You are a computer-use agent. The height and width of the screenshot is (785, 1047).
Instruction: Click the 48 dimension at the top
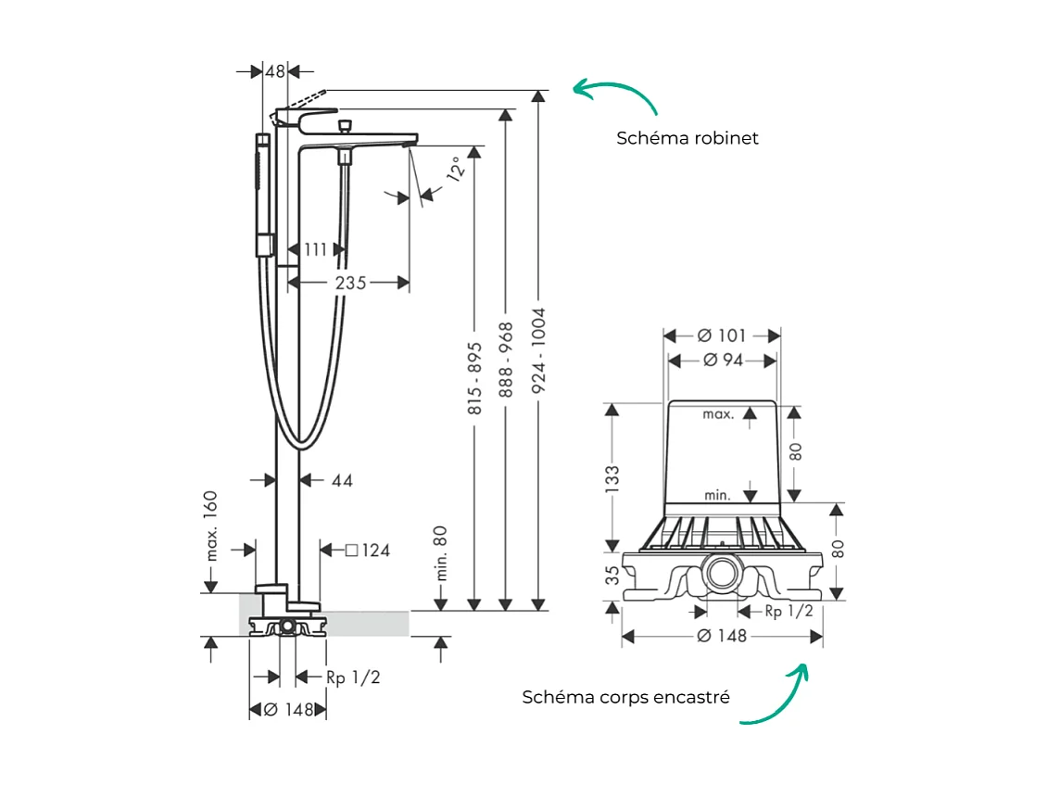pos(275,70)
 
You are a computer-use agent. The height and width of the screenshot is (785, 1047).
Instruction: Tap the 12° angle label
pos(453,170)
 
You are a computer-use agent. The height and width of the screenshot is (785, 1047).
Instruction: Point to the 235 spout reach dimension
pos(350,283)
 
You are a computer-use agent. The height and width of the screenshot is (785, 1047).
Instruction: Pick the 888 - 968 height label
pos(505,360)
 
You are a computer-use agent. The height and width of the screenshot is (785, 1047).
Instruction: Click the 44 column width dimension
pos(342,480)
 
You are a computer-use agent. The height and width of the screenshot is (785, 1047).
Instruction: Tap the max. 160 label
pos(211,525)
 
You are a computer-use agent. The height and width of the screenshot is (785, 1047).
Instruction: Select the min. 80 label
pos(441,553)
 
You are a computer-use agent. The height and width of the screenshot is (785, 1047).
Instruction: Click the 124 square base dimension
pos(368,551)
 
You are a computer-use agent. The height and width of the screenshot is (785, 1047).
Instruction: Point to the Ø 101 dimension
pos(723,335)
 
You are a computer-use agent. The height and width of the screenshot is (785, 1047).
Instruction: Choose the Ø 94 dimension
pos(723,361)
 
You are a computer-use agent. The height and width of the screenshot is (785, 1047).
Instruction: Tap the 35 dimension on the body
pos(612,576)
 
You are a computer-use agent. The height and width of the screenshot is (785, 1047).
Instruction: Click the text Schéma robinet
pos(687,138)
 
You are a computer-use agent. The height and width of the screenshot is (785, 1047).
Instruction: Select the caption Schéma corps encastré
pos(625,697)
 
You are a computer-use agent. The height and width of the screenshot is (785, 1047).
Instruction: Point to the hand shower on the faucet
pos(263,195)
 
